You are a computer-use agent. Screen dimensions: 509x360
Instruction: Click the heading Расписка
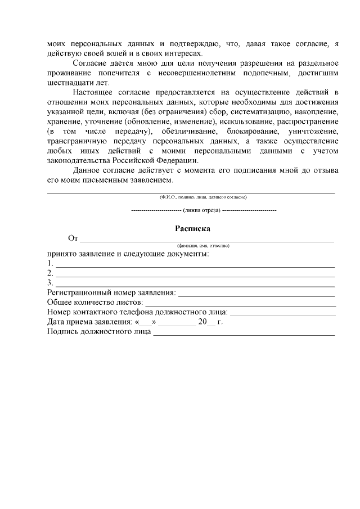(192, 229)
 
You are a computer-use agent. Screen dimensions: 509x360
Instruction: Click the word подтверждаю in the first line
(194, 43)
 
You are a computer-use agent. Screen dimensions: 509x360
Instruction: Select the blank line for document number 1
(195, 265)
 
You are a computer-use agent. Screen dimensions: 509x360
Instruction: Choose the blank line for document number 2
(195, 274)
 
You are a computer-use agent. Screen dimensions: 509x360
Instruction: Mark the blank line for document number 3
(195, 285)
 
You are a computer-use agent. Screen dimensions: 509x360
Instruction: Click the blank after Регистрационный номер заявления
(256, 295)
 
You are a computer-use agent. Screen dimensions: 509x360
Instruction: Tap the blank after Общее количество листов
(240, 304)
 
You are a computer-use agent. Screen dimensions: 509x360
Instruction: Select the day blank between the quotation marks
(146, 324)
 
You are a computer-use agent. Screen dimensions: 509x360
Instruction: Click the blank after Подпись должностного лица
(244, 334)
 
